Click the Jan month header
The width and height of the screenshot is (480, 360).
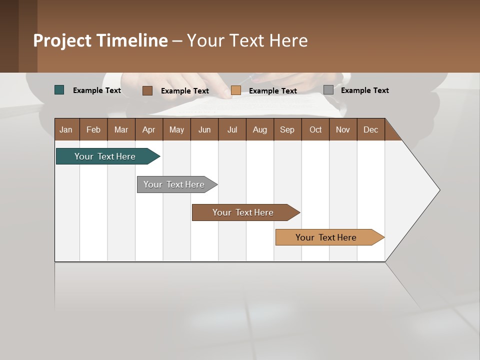coord(66,129)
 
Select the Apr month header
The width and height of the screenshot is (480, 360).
coord(148,129)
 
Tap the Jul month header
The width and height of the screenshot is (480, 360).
coord(232,129)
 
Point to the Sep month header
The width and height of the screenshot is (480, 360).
coord(287,129)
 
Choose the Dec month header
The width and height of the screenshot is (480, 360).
coord(370,129)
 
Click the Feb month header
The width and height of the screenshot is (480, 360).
coord(93,129)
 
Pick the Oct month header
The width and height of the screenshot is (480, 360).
coord(315,129)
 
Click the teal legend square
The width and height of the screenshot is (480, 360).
coord(59,90)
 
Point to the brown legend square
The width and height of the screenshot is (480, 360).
coord(147,90)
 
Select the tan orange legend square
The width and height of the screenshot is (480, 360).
coord(236,90)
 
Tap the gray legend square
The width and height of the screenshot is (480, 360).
coord(328,90)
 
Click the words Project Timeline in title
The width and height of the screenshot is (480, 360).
coord(100,40)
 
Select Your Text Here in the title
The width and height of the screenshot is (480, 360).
coord(247,40)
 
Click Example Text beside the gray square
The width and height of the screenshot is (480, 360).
coord(364,90)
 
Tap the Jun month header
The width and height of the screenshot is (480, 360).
coord(204,129)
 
